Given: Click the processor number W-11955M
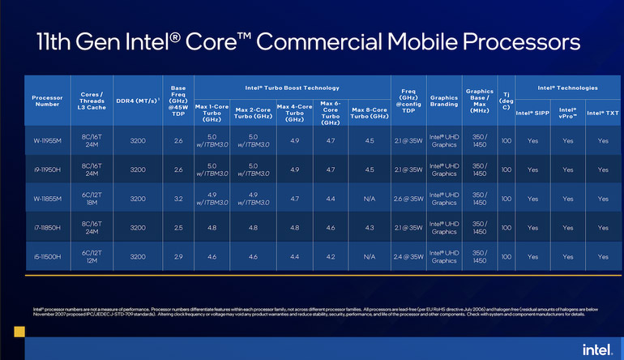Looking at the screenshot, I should (47, 140).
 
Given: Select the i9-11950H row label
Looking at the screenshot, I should (47, 169).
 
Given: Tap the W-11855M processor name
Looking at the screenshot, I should (47, 198).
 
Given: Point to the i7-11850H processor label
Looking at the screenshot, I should (47, 227).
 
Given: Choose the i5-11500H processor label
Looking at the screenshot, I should (47, 255).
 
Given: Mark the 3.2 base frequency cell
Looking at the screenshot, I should (178, 198).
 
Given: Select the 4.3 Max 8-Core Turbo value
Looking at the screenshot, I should (370, 227).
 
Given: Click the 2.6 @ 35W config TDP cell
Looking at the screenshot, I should (407, 198).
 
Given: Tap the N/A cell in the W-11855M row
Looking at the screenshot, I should (370, 198).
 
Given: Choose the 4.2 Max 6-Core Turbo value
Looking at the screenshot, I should (330, 255).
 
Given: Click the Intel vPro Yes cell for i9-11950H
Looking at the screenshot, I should (567, 169).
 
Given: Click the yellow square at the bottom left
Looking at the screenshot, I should (18, 331).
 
